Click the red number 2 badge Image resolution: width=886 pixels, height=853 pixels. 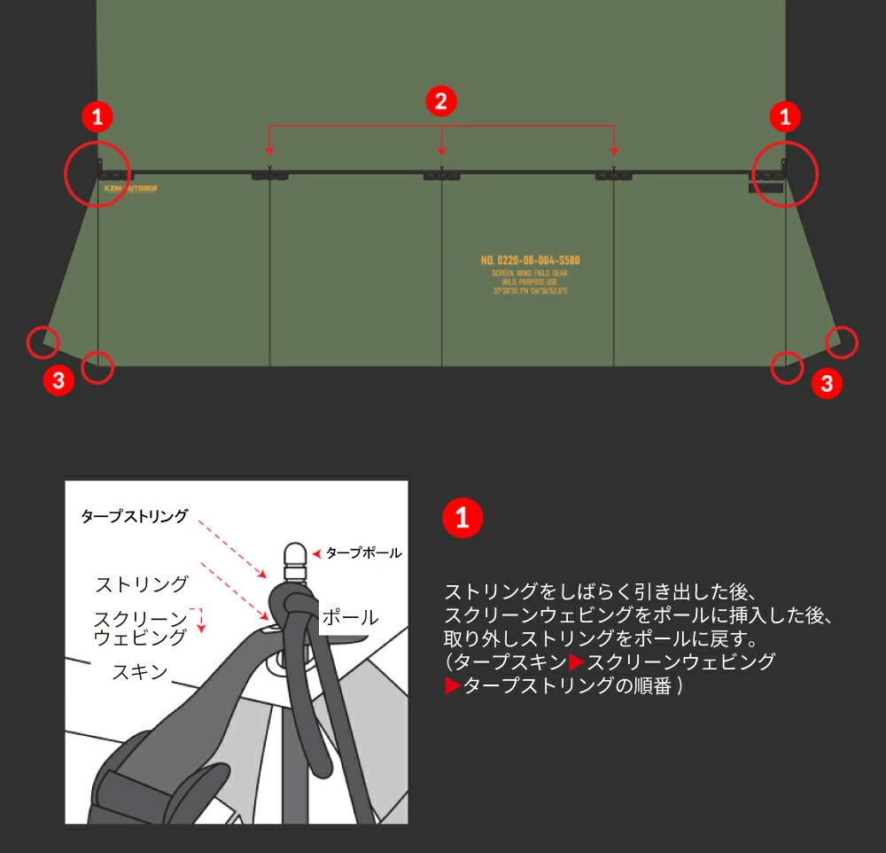point(441,100)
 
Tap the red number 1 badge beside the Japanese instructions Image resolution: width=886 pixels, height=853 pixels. point(462,520)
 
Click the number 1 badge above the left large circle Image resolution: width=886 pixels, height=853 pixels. point(98,115)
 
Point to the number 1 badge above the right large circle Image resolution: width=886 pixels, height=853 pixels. point(785,115)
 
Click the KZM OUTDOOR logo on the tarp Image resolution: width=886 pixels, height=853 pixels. point(130,188)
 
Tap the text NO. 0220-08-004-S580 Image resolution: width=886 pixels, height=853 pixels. point(530,261)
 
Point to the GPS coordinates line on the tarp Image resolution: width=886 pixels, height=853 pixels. point(530,291)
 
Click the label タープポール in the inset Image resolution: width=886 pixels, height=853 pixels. point(363,552)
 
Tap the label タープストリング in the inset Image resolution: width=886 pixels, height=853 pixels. point(134,516)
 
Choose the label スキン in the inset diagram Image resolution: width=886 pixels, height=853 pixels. point(139,671)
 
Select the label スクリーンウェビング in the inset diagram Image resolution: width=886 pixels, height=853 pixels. point(141,627)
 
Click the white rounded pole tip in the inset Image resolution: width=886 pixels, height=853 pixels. point(293,555)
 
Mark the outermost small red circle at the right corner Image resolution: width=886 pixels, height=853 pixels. point(842,341)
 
